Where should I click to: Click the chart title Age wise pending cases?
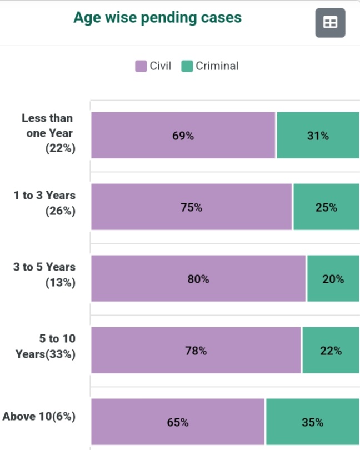click(x=157, y=18)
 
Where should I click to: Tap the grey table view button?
click(x=330, y=23)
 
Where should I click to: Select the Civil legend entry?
click(x=153, y=66)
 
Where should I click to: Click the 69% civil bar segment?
click(x=183, y=135)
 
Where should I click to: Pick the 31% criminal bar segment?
click(x=318, y=135)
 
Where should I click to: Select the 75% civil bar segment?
click(x=191, y=207)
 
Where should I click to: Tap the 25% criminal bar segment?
click(x=326, y=207)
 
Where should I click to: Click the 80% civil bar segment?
click(x=198, y=278)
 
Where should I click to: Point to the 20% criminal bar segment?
click(x=333, y=278)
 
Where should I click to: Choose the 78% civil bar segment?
click(x=196, y=350)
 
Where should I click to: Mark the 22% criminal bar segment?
click(x=331, y=350)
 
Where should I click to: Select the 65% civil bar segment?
click(x=178, y=422)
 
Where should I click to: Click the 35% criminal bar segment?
click(x=312, y=422)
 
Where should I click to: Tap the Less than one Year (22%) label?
click(x=48, y=133)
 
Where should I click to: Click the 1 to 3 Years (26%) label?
click(x=44, y=203)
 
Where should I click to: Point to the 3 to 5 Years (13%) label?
click(x=44, y=274)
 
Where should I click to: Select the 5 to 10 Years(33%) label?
click(x=46, y=346)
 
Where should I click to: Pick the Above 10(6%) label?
click(x=39, y=416)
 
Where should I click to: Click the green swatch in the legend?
click(x=187, y=67)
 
